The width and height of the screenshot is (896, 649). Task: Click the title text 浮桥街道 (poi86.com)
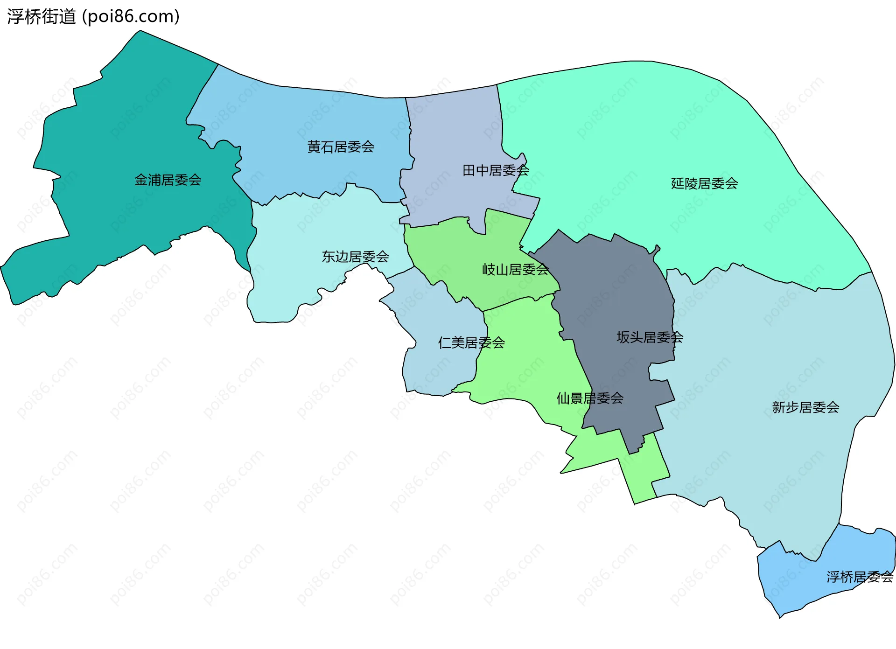coord(93,16)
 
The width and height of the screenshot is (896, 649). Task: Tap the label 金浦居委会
coord(168,180)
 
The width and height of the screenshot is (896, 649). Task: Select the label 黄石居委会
coord(341,147)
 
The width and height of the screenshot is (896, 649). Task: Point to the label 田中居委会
coord(496,170)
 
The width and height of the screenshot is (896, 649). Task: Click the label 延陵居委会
coord(704,183)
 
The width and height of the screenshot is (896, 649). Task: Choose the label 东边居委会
coord(355,257)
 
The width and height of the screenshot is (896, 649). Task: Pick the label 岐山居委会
coord(515,269)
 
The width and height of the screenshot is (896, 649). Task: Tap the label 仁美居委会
coord(471,343)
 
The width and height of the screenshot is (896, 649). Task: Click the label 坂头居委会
coord(650,337)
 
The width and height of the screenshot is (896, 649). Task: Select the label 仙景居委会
coord(590,398)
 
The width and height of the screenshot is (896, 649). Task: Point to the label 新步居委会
coord(805,407)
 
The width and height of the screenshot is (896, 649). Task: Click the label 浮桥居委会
coord(860,577)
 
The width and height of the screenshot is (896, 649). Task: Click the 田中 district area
coord(457,135)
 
